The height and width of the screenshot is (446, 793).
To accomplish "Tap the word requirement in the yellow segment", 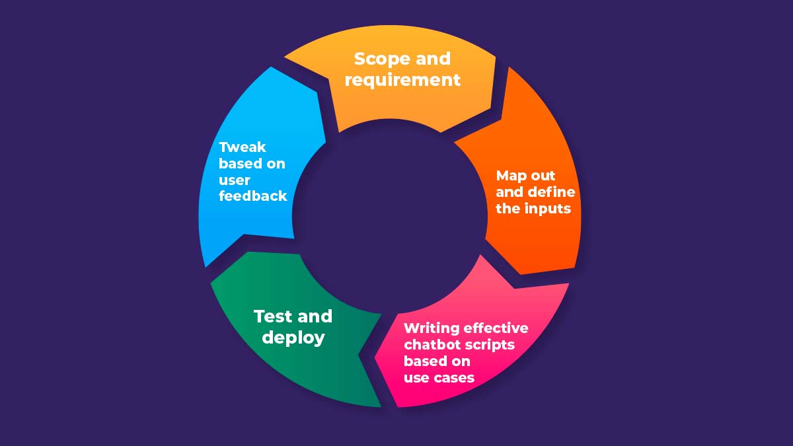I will point(402,80).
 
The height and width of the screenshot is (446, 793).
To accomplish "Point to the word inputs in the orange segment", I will point(550,209).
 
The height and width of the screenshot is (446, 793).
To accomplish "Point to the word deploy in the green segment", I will point(293,338).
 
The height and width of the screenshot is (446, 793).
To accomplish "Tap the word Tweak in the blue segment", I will point(243,147).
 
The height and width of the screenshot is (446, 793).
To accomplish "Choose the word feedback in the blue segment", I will point(253,196).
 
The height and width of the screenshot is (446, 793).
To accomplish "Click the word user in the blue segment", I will point(235,180).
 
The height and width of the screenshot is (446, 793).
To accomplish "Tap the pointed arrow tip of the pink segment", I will point(375,360).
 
